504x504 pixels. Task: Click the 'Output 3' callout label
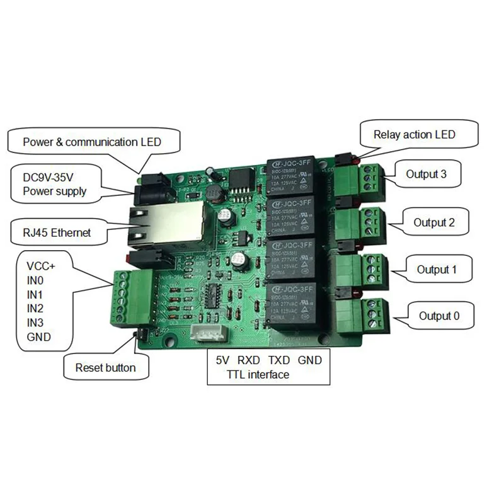[x=426, y=175]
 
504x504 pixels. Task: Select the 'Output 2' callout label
[x=432, y=222]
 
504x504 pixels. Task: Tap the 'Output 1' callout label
[x=436, y=270]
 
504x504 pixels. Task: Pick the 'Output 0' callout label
[x=435, y=316]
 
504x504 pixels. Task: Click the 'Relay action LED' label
[x=414, y=134]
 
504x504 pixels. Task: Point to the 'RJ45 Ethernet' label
[x=57, y=232]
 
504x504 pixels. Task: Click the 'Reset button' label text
[x=105, y=367]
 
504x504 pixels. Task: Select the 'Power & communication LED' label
[x=92, y=142]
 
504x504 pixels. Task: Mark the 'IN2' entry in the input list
[x=35, y=308]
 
